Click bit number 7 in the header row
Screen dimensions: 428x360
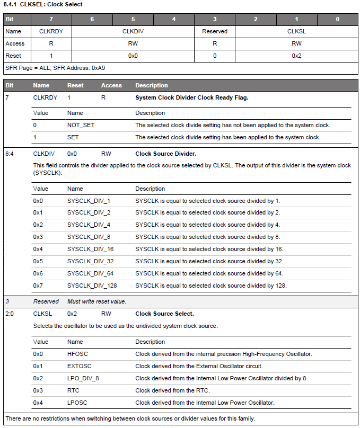tap(51, 19)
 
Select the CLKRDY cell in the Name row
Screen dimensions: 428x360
tap(51, 31)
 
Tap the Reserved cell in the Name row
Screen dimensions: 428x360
tap(215, 31)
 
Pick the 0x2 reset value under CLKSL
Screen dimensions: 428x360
tap(296, 56)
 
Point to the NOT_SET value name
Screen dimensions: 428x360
tap(81, 125)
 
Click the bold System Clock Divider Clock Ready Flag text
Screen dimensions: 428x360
tap(191, 97)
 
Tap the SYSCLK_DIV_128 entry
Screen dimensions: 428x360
tap(92, 286)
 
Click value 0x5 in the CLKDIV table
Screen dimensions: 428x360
tap(38, 261)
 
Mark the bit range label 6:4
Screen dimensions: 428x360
tap(10, 154)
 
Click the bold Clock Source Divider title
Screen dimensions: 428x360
tap(165, 154)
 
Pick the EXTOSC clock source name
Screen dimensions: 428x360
tap(79, 366)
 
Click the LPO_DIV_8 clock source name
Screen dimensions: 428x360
tap(83, 378)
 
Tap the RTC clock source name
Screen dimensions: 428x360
tap(73, 390)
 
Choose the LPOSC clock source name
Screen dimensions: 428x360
tap(77, 403)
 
